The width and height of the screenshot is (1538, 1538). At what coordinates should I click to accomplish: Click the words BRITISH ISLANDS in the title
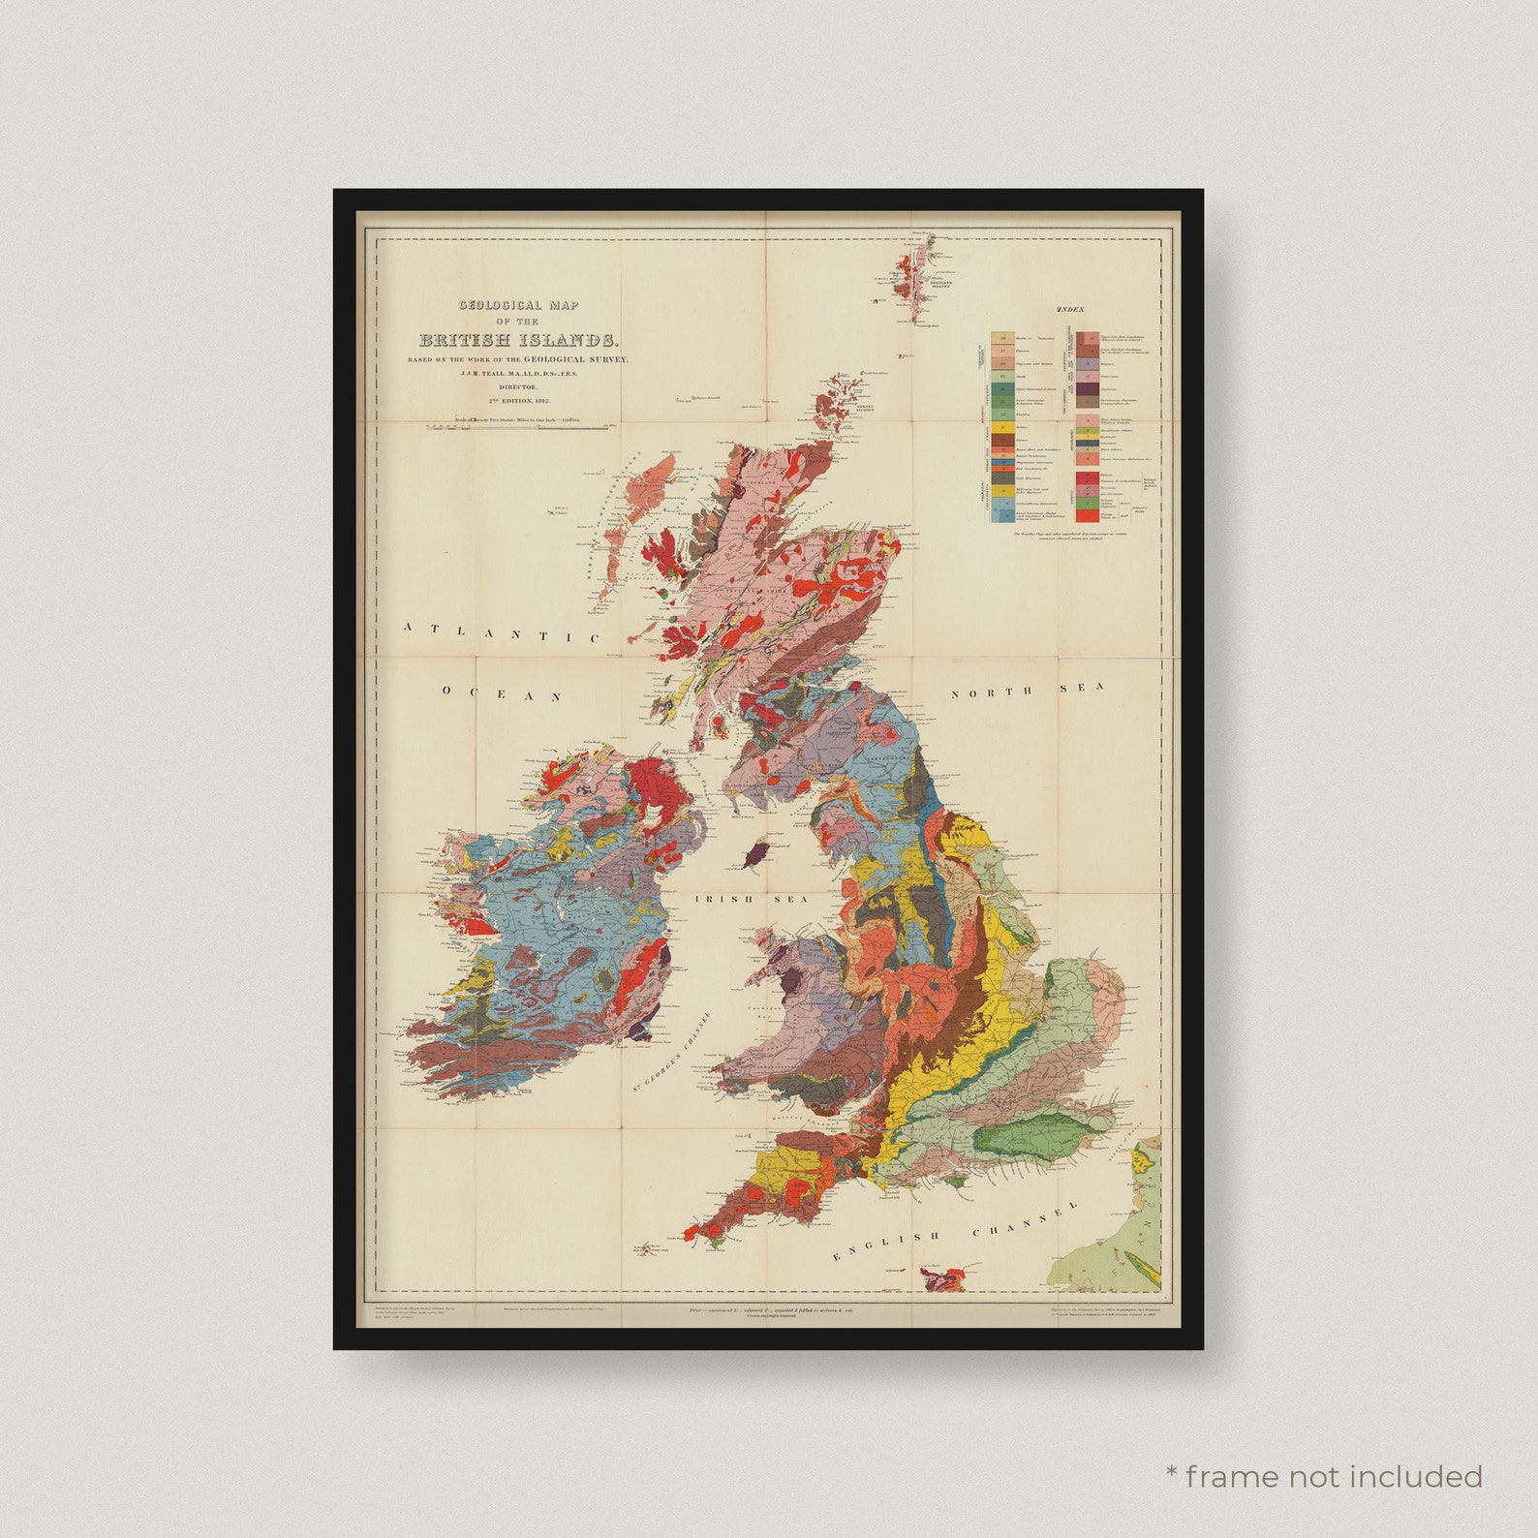click(x=518, y=340)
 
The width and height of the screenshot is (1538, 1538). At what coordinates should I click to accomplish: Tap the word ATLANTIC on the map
click(x=502, y=632)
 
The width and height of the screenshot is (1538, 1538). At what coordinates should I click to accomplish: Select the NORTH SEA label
click(x=1027, y=690)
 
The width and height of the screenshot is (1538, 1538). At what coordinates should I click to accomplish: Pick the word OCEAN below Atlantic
click(x=503, y=693)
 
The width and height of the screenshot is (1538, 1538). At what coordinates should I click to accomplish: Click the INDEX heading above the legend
click(x=1070, y=309)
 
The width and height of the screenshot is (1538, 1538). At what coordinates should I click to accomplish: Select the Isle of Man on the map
click(x=758, y=853)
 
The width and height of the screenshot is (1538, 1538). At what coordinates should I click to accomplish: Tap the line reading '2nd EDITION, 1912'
click(x=518, y=399)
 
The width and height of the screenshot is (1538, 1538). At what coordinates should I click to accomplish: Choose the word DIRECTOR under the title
click(x=518, y=386)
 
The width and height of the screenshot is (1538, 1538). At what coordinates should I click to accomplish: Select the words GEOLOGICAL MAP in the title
click(x=518, y=305)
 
